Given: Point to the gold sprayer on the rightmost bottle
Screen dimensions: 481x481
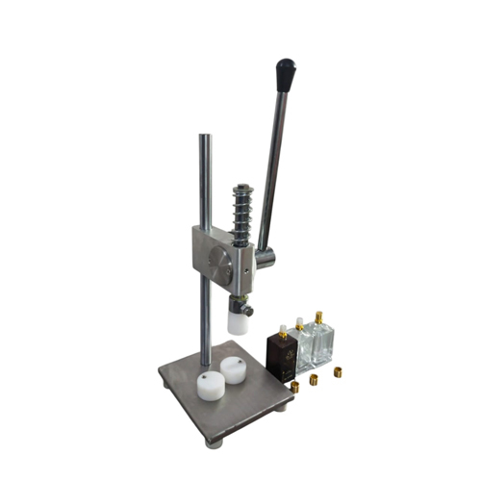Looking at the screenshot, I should (317, 316).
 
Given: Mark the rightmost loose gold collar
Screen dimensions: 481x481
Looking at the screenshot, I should (338, 371).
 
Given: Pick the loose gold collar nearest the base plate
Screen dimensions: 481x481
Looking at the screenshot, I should (294, 387).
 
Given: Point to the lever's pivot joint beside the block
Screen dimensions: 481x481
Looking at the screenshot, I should (268, 257).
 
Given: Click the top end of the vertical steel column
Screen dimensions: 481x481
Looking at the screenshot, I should (204, 138).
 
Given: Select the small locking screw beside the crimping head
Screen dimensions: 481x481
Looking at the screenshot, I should (248, 310).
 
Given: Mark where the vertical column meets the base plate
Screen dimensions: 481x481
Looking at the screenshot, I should (204, 364).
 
